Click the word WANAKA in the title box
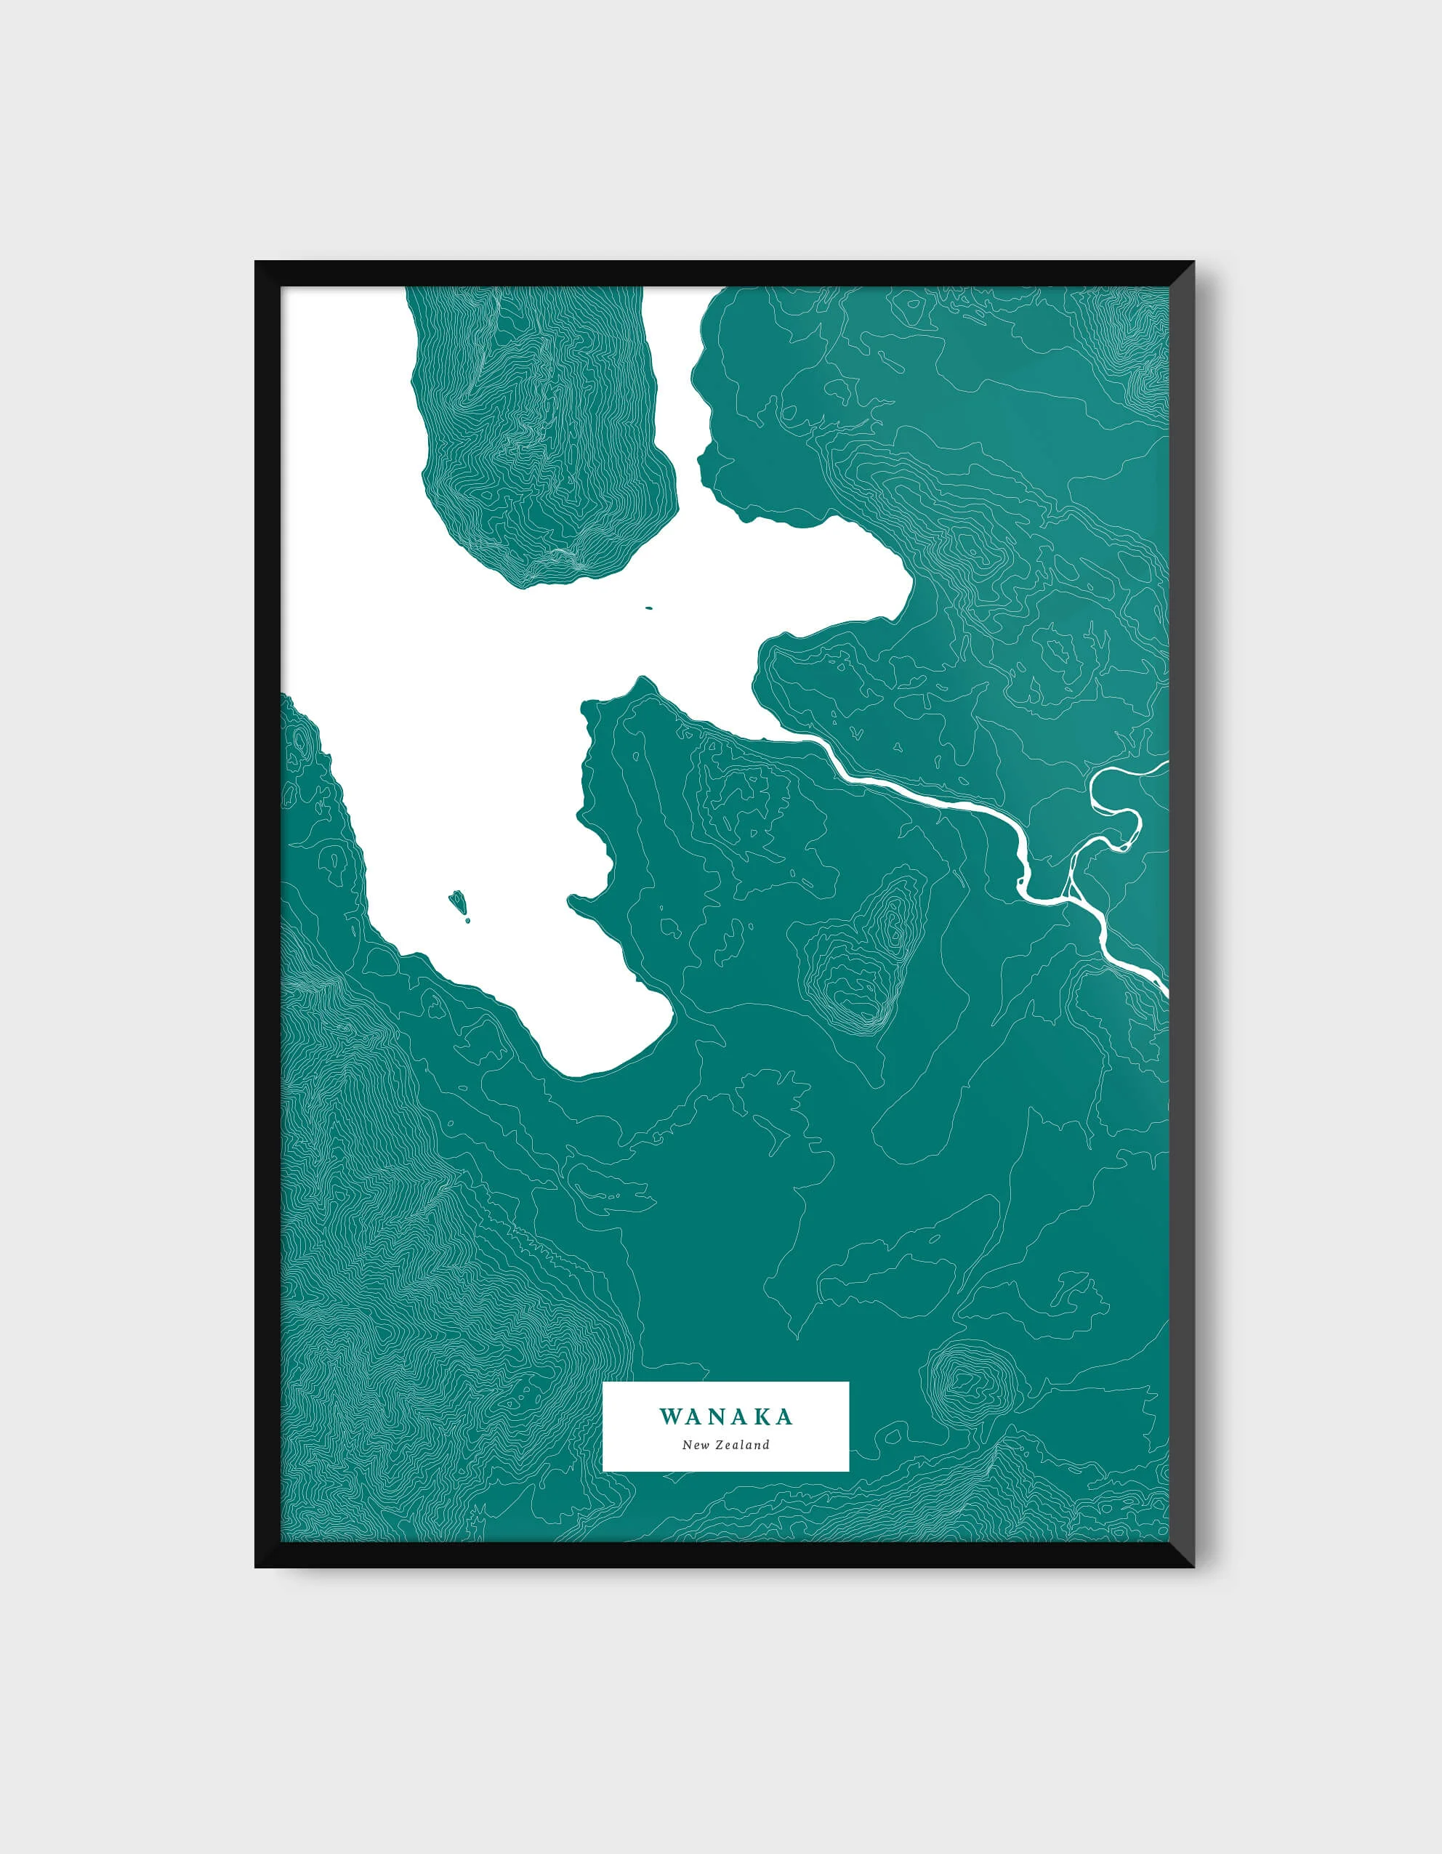pos(725,1416)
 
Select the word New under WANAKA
pos(696,1445)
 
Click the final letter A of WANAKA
pos(784,1416)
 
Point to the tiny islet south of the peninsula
pos(648,608)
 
